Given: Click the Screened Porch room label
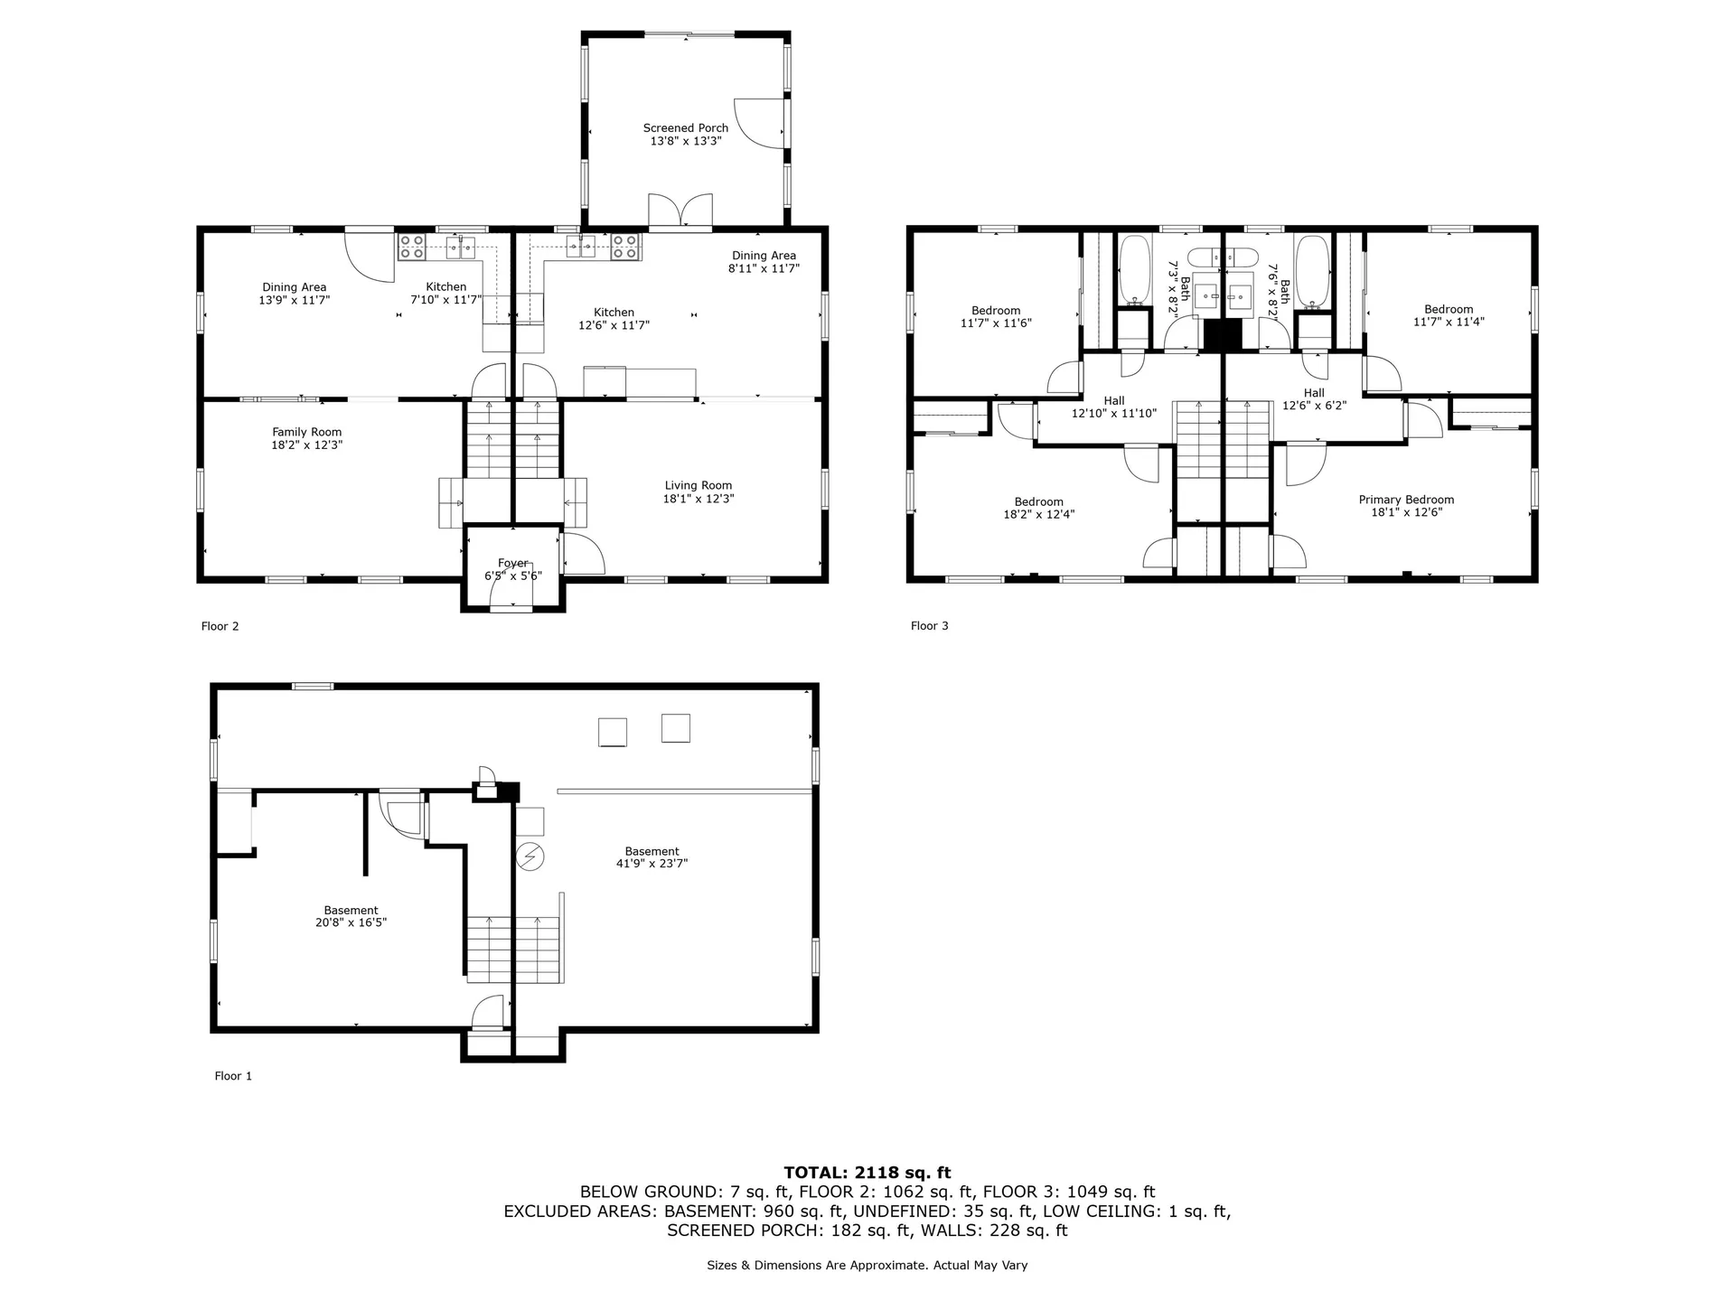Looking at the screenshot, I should click(x=685, y=128).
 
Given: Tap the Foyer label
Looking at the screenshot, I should click(x=512, y=564).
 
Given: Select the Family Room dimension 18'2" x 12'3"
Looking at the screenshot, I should click(x=306, y=445).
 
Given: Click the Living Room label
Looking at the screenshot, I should click(x=698, y=486).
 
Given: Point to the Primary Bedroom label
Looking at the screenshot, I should click(x=1406, y=500).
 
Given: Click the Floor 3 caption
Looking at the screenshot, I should click(x=929, y=626).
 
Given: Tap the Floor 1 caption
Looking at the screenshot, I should click(x=233, y=1076).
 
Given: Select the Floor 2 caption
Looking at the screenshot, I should click(x=220, y=627).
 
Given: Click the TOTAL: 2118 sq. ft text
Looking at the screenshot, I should click(x=867, y=1173).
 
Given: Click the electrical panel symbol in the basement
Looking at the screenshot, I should click(x=530, y=856).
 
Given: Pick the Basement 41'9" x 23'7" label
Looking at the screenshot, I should click(x=652, y=857).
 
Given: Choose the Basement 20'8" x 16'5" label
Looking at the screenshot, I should click(x=351, y=916).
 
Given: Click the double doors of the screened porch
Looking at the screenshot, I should click(x=680, y=210).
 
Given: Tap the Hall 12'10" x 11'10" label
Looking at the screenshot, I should click(x=1113, y=407).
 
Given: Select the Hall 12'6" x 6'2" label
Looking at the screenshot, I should click(x=1314, y=399).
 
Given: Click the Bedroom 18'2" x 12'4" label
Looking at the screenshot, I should click(x=1038, y=508).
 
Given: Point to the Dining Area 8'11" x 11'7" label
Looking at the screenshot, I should click(x=764, y=262).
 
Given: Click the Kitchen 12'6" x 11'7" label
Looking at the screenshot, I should click(x=614, y=319).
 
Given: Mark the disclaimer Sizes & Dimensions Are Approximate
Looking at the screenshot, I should click(x=867, y=1266).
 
